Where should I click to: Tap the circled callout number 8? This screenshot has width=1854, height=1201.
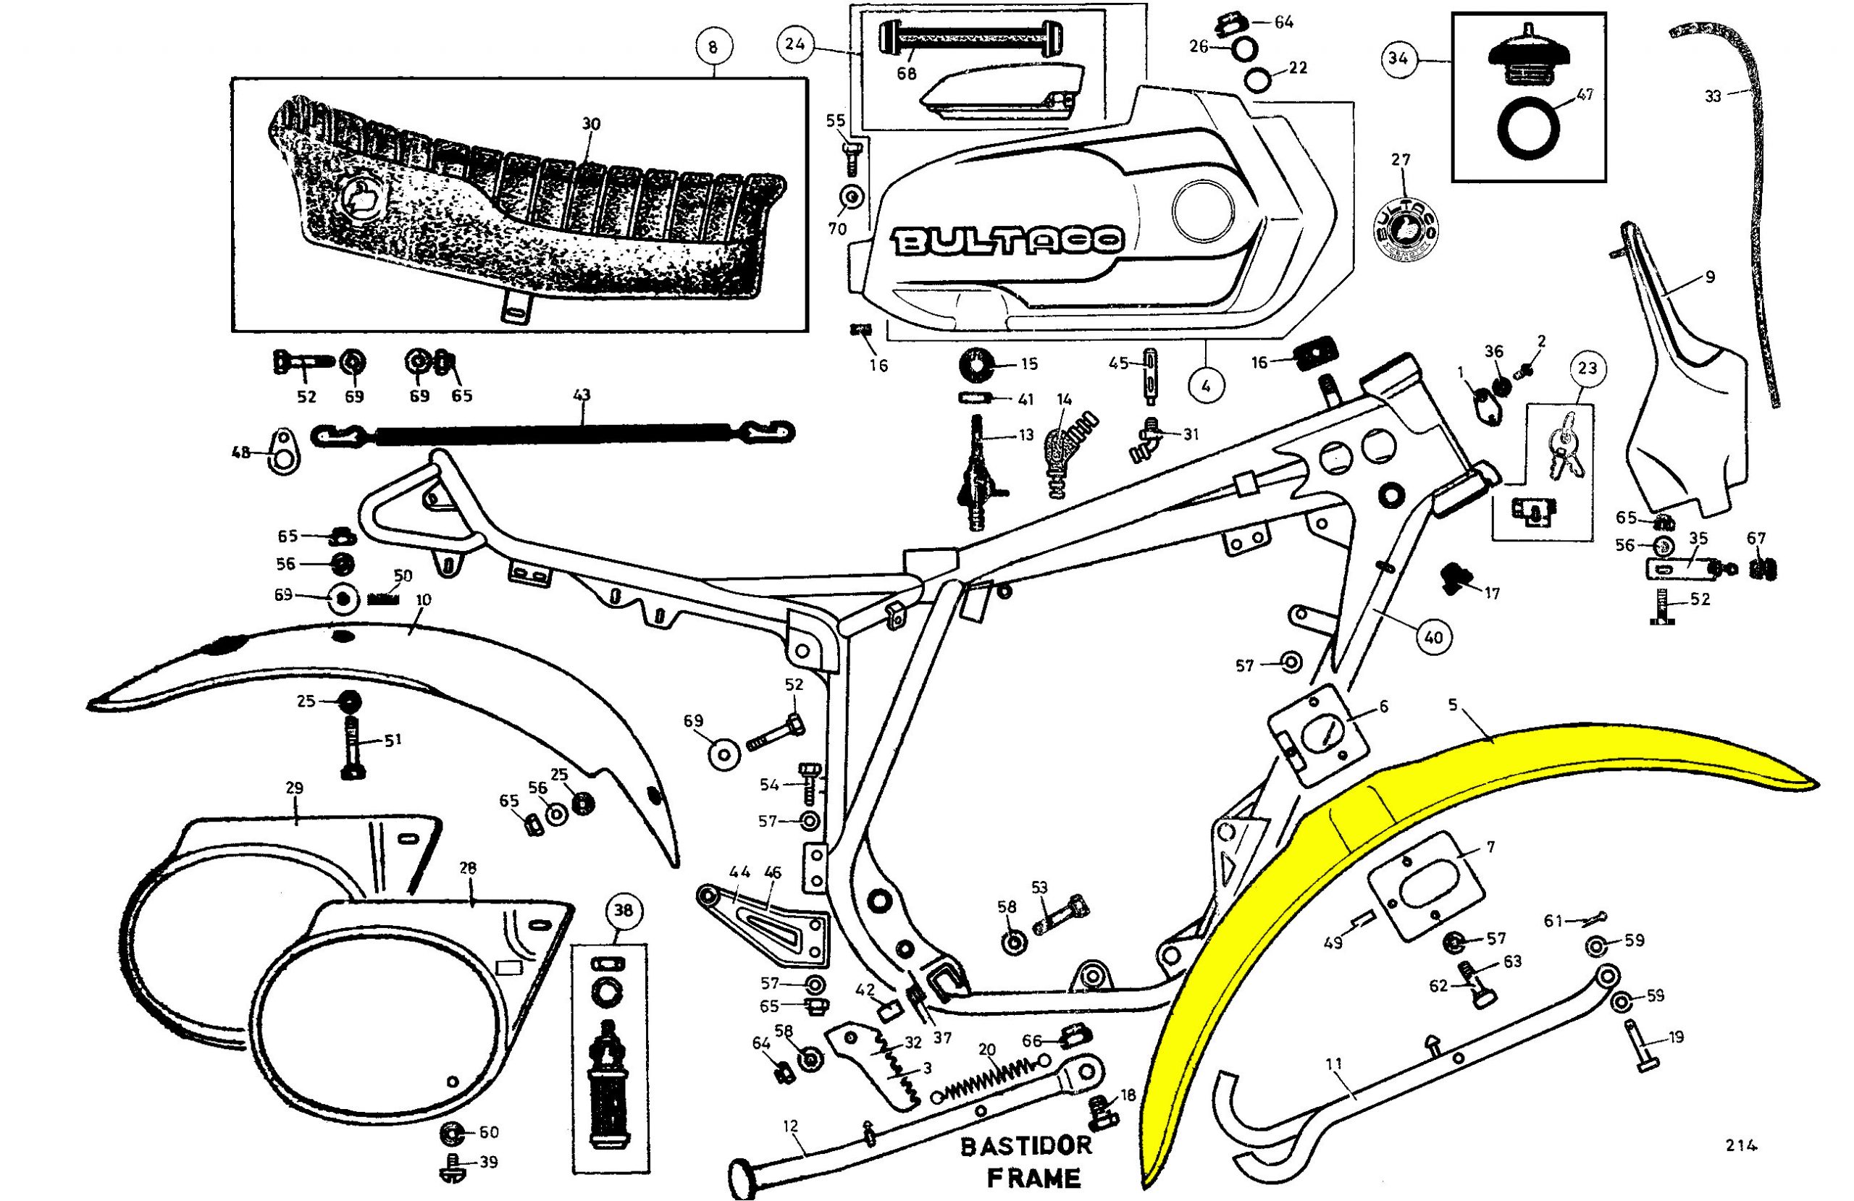713,47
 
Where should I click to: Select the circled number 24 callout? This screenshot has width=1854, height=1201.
794,43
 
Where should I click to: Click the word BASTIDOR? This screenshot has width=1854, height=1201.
1026,1146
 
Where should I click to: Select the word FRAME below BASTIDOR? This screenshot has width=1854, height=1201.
1033,1177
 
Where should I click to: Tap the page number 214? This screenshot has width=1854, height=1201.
1741,1145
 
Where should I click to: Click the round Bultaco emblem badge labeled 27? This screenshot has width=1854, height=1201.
1404,229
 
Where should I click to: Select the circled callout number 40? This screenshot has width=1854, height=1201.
1433,637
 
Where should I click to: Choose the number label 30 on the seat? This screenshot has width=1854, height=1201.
591,124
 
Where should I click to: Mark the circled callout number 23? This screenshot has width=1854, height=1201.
1587,368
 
